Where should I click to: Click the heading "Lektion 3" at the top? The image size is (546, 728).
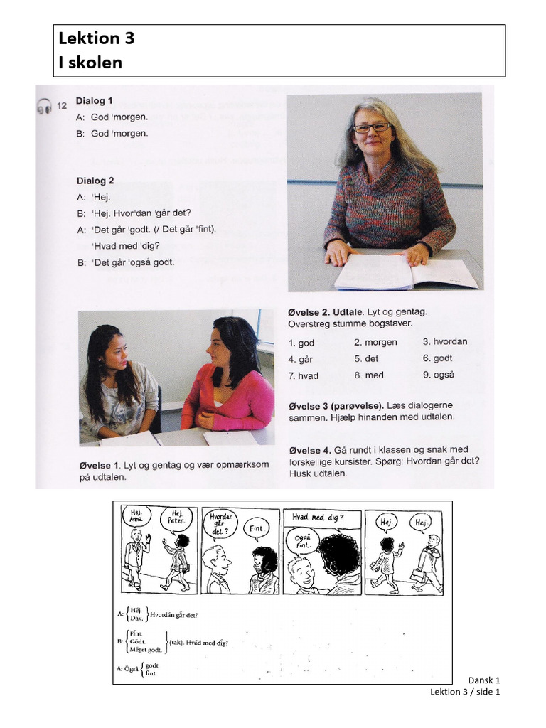click(x=96, y=38)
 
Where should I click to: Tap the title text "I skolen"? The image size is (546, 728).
click(x=90, y=63)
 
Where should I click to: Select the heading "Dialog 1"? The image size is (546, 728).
click(x=95, y=101)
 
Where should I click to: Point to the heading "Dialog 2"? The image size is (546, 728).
click(x=95, y=181)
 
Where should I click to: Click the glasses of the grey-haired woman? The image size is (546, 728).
click(x=371, y=128)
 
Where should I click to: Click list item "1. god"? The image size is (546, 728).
click(x=301, y=343)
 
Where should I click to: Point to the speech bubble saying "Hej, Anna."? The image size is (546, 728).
click(x=134, y=515)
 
